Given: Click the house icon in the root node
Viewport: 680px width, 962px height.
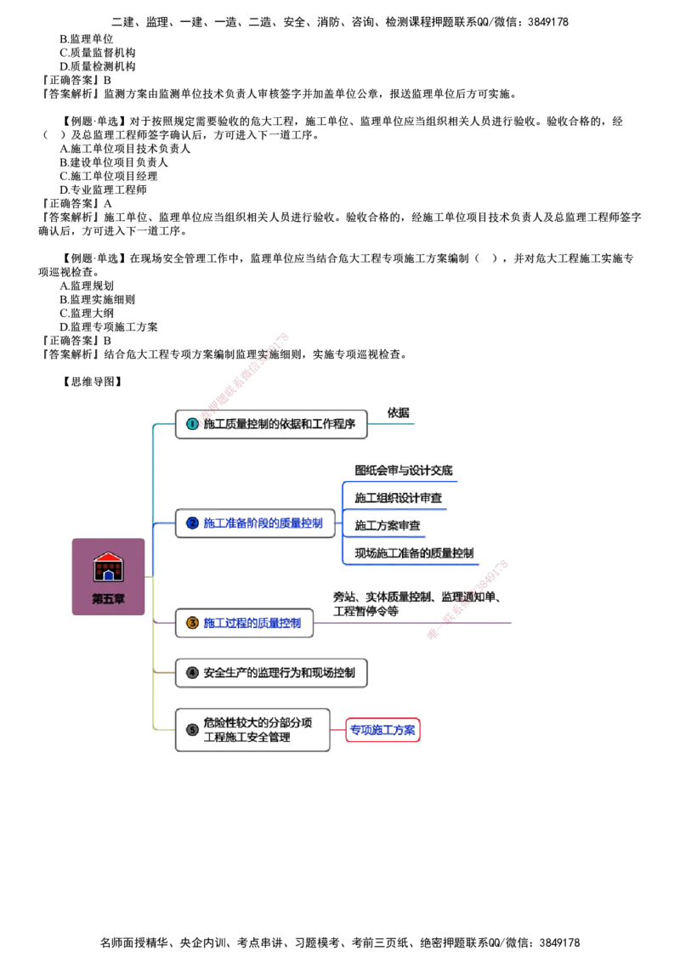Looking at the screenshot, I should pos(108,566).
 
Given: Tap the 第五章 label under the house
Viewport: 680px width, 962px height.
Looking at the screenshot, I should pos(108,598).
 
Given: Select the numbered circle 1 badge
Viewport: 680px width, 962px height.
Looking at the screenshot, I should pos(193,423).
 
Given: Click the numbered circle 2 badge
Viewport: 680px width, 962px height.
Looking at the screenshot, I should pos(193,523).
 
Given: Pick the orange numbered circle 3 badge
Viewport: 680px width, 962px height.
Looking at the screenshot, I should pos(193,623).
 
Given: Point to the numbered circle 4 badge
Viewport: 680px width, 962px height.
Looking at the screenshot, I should pos(192,672).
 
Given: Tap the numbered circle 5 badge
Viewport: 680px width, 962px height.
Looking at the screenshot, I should pos(192,729).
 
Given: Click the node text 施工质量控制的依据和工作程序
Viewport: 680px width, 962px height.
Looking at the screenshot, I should pos(279,423).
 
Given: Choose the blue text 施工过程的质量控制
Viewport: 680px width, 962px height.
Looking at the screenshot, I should pos(252,623).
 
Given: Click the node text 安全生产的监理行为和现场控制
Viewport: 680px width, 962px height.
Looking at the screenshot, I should pos(279,672).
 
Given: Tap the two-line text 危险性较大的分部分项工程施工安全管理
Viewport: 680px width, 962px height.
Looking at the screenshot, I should pos(258,730).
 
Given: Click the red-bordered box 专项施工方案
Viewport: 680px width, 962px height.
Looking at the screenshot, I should pos(383,730).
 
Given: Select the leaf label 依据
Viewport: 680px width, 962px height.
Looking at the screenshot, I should pos(398,414).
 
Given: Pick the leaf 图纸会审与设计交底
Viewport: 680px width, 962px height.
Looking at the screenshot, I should pos(405,470).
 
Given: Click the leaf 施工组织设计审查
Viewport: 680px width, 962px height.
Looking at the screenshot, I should pos(398,497).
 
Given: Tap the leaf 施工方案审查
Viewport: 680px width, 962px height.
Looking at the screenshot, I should pos(388,525).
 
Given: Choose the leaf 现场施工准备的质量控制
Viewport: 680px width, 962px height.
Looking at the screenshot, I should pos(414,552).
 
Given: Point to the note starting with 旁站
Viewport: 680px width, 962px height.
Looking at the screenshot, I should pos(415,603).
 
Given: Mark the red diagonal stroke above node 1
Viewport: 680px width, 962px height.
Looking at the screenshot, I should pos(246,374).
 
